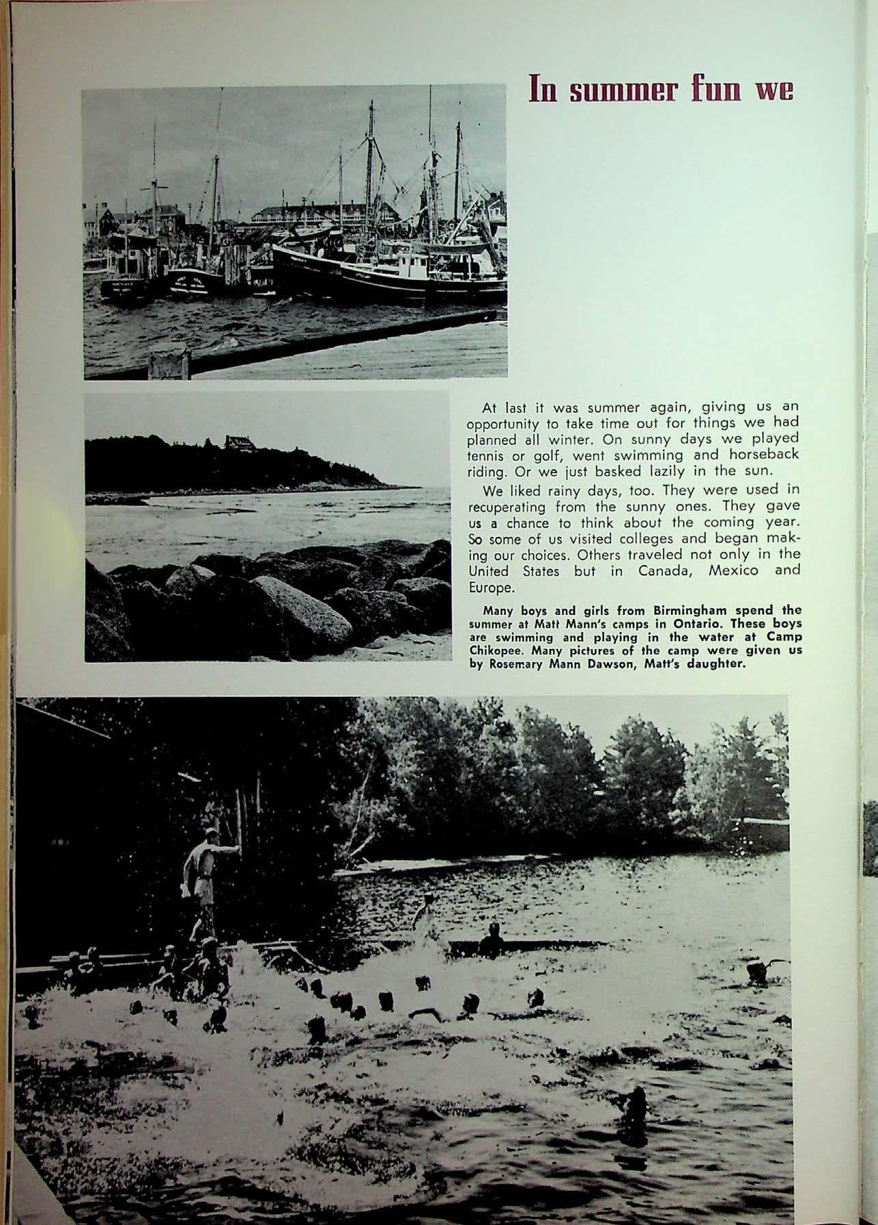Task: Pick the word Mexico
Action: pyautogui.click(x=733, y=571)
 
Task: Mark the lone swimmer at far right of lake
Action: pyautogui.click(x=757, y=973)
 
